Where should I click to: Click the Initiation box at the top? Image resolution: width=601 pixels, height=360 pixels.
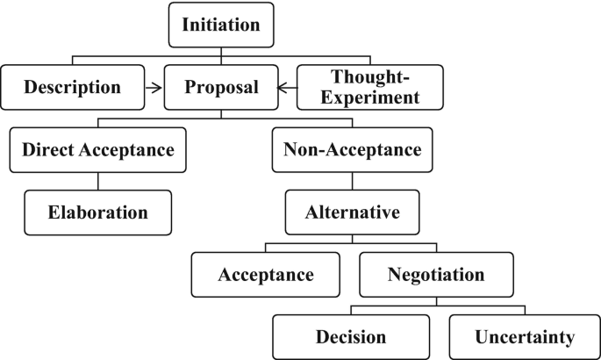(221, 25)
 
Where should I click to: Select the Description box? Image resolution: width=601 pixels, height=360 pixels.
(73, 87)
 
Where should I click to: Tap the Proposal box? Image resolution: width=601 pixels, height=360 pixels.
(221, 87)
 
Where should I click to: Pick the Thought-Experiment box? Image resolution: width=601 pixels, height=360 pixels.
(369, 87)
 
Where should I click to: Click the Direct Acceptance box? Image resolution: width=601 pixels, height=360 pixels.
(98, 150)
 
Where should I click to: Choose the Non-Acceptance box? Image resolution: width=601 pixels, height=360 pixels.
(353, 150)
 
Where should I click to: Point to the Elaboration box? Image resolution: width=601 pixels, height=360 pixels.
(97, 212)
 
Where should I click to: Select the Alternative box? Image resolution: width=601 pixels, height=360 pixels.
(353, 212)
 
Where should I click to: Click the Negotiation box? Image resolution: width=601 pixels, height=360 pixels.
(435, 275)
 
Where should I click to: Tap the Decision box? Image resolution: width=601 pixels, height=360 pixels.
(351, 337)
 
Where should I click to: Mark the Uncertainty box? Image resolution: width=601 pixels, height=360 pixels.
(525, 337)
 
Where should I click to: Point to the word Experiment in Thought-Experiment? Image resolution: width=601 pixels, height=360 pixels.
(369, 97)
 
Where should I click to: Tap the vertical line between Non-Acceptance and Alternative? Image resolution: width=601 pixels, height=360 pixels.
(353, 181)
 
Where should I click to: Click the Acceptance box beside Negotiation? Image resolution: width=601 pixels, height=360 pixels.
(266, 275)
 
